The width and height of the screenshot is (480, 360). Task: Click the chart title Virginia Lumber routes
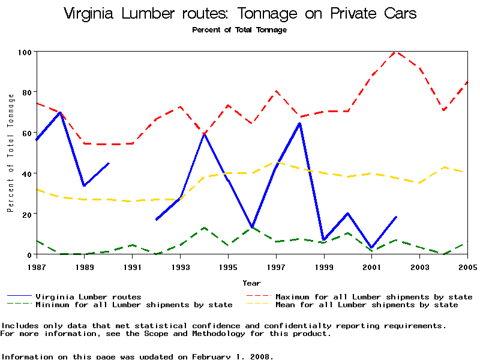click(240, 14)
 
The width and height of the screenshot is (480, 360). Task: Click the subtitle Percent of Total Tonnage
click(239, 29)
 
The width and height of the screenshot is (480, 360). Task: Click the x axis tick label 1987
click(37, 266)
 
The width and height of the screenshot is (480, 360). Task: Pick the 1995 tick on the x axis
click(228, 266)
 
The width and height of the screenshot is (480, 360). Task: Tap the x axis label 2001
click(372, 266)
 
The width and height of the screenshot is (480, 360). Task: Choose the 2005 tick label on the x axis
click(467, 266)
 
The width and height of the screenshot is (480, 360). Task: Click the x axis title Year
click(252, 283)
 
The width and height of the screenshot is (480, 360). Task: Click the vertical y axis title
click(10, 154)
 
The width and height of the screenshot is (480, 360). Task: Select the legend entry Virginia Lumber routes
click(88, 296)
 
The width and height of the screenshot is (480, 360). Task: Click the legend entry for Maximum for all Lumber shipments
click(373, 296)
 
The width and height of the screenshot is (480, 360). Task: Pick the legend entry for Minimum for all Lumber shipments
click(133, 305)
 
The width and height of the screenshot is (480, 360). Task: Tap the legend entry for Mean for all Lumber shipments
click(366, 305)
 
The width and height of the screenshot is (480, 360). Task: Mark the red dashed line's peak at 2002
click(396, 52)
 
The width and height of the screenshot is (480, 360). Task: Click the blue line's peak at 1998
click(300, 124)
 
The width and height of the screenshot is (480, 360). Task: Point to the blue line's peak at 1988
click(60, 112)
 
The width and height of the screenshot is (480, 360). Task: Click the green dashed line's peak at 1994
click(205, 228)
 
